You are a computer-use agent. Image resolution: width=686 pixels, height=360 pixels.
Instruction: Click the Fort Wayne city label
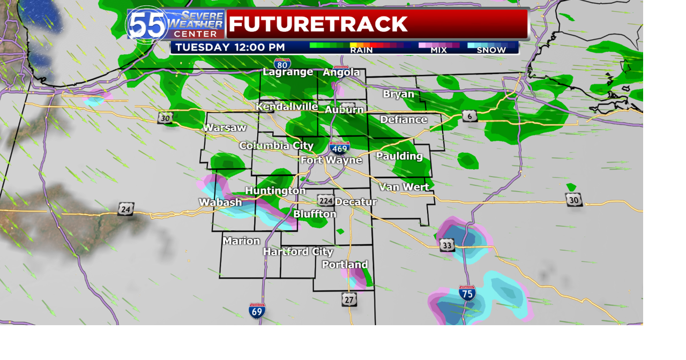click(x=331, y=160)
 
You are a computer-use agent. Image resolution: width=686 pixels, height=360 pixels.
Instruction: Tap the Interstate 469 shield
click(x=340, y=147)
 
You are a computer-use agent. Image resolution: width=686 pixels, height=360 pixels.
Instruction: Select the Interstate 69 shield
click(x=257, y=310)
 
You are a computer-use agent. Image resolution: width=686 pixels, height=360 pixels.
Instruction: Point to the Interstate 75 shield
click(x=467, y=293)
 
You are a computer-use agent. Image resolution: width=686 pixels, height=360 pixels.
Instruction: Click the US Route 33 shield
click(x=447, y=245)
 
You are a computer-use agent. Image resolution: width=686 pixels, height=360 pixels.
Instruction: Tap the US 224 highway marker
click(x=325, y=201)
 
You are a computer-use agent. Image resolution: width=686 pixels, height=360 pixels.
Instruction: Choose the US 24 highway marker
click(x=125, y=209)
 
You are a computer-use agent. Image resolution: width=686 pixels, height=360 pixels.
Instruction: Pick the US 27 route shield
click(x=349, y=299)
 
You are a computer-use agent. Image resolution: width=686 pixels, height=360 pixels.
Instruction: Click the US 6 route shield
click(x=470, y=116)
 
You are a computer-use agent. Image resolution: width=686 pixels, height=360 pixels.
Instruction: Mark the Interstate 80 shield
click(x=282, y=63)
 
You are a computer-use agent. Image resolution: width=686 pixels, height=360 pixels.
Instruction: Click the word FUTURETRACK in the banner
click(x=318, y=24)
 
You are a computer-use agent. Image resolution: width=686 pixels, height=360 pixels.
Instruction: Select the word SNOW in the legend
click(x=491, y=50)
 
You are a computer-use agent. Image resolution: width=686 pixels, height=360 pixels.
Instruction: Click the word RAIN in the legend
click(x=361, y=50)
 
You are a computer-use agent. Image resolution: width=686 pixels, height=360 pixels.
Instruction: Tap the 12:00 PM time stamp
click(x=259, y=47)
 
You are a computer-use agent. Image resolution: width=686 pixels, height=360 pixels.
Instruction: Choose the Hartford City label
click(x=298, y=252)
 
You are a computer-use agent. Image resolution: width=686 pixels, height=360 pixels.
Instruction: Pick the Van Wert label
click(x=404, y=187)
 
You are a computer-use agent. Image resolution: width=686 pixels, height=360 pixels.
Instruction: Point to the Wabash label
click(x=220, y=202)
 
